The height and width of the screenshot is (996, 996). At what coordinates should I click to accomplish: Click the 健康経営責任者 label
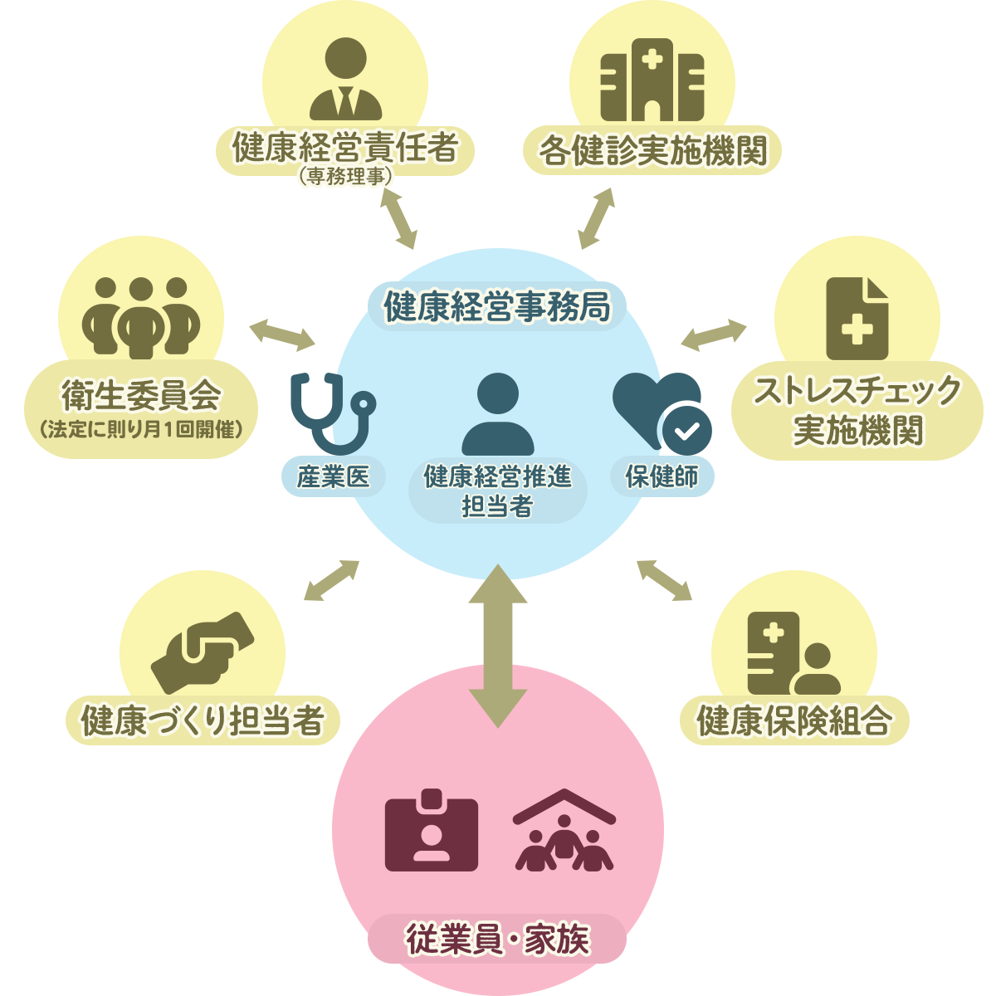click(344, 149)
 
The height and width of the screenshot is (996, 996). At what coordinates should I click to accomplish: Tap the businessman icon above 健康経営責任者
click(345, 80)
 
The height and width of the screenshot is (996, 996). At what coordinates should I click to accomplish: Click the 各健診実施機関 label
click(652, 151)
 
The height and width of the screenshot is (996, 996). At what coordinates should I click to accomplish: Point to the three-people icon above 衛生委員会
click(141, 315)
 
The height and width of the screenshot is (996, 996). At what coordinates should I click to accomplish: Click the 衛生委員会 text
click(141, 396)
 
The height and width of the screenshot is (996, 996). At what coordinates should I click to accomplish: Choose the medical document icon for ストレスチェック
click(857, 319)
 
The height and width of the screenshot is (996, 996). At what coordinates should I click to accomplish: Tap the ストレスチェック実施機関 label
click(857, 410)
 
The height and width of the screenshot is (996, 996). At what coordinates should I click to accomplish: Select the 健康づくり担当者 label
click(202, 720)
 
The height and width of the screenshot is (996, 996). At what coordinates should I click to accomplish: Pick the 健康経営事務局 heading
click(496, 306)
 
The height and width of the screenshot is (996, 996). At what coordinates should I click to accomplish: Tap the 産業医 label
click(333, 476)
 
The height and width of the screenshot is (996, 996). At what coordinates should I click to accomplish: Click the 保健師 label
click(662, 476)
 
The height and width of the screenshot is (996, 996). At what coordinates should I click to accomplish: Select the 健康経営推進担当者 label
click(497, 491)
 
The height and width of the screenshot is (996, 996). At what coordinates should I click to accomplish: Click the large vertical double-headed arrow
click(497, 646)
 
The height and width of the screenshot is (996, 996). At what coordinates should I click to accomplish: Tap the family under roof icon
click(564, 830)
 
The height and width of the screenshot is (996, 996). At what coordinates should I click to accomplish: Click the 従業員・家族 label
click(496, 939)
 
